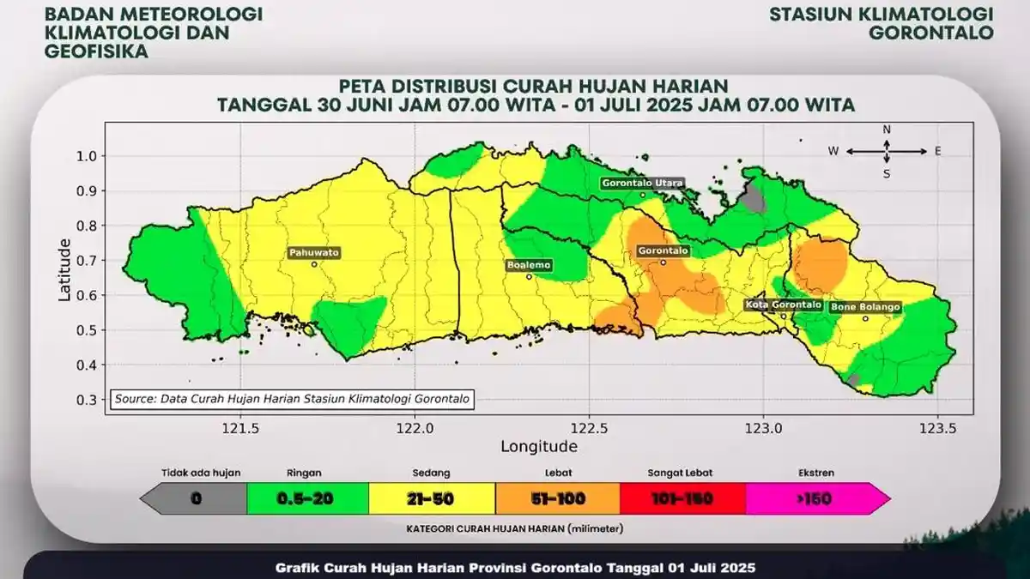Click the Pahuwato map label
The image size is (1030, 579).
click(x=314, y=253)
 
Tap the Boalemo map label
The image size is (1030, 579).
click(x=529, y=265)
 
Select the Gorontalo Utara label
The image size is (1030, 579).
click(x=642, y=184)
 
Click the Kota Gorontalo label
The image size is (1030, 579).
click(x=783, y=305)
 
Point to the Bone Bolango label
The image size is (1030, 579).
click(x=864, y=306)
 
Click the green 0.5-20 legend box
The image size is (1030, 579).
click(x=307, y=498)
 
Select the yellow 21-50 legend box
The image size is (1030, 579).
click(x=432, y=498)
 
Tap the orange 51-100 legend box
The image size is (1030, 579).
click(x=557, y=498)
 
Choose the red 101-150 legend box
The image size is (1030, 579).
click(x=682, y=498)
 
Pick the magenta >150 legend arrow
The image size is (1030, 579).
click(x=815, y=498)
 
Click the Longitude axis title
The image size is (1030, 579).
click(x=539, y=446)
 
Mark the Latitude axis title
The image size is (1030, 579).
click(x=64, y=269)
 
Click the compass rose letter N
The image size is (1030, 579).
click(x=888, y=130)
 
